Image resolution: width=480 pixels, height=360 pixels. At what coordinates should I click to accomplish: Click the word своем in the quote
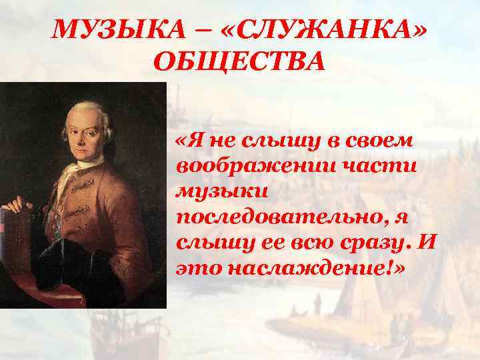tap(382, 140)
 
